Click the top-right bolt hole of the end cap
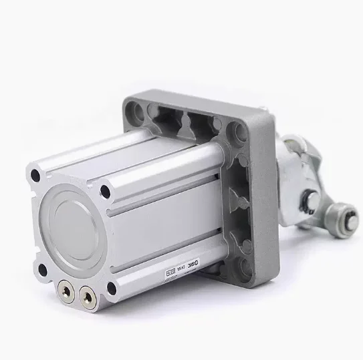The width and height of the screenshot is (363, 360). tap(105, 192)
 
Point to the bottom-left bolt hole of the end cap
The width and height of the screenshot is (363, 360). tap(43, 269)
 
